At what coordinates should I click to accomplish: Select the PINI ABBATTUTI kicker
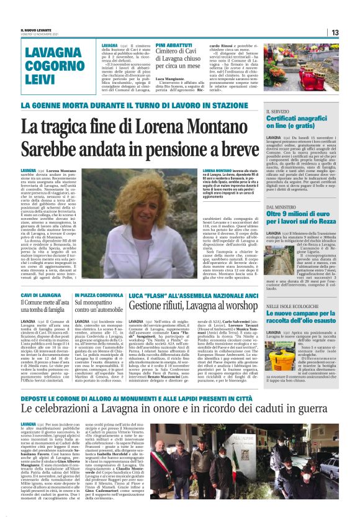click(174, 46)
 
